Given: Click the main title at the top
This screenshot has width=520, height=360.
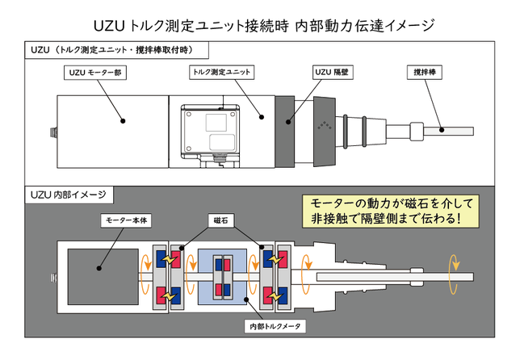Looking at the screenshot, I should click(x=259, y=25).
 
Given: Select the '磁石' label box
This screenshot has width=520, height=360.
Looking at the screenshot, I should click(x=220, y=220).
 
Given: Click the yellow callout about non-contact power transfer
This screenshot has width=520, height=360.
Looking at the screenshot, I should click(x=391, y=210).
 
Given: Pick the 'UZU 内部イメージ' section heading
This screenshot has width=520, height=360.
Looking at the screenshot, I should click(x=71, y=195).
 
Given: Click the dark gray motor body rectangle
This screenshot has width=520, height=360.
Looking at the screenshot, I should click(x=101, y=272).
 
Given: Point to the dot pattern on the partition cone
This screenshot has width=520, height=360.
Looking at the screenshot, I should click(x=325, y=126).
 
